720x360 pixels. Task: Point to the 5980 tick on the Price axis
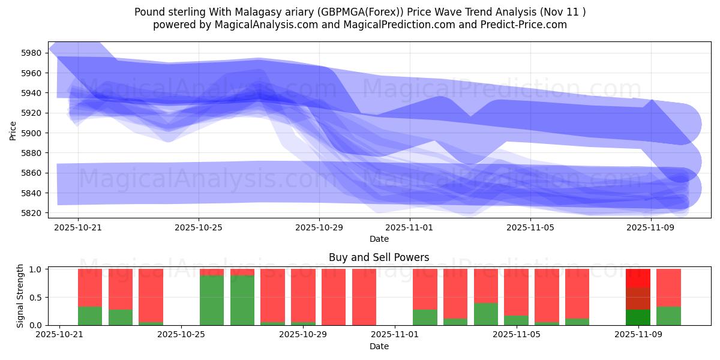coord(31,53)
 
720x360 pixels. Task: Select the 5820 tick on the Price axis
coord(31,213)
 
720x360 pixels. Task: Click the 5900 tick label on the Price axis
coord(31,133)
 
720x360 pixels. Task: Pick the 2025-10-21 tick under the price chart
coord(78,228)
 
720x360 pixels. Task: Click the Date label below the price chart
coord(379,239)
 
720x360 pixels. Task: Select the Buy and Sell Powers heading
coord(379,257)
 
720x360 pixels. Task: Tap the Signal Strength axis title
coord(20,296)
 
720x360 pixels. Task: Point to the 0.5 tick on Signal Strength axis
coord(35,298)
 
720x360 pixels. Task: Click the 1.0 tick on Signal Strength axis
coord(35,269)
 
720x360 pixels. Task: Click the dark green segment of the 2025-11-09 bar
coord(638,317)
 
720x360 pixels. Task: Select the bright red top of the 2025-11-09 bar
coord(638,278)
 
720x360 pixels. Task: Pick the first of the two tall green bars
coord(212,300)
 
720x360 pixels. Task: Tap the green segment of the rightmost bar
coord(668,316)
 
